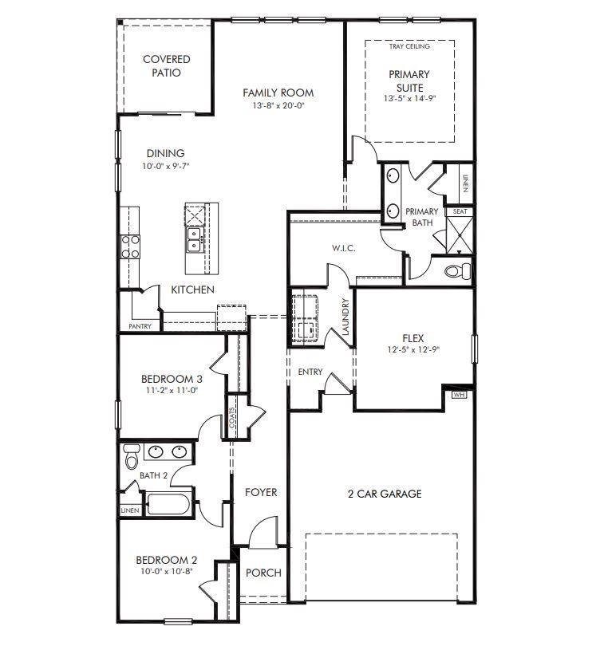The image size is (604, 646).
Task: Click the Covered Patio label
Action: point(167,66)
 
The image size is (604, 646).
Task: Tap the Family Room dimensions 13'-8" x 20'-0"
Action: point(278,105)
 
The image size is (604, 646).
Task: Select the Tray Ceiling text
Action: point(409,46)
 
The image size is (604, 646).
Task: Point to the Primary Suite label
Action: point(409,81)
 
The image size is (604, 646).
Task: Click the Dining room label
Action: point(166,153)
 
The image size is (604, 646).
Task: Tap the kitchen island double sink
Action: point(194,240)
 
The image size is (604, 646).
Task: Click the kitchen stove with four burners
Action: point(130,246)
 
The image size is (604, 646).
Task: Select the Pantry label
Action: point(140,326)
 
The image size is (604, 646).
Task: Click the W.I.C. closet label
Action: point(343,248)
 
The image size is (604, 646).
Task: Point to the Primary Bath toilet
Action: point(457,270)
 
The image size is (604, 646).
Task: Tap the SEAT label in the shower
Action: point(460,211)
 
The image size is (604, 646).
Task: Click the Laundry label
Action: point(345,317)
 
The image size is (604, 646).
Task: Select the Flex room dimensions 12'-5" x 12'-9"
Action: point(413,349)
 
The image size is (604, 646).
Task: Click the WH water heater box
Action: point(460,395)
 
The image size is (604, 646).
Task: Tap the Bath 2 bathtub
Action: point(168,503)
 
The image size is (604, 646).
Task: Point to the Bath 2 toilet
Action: point(131,456)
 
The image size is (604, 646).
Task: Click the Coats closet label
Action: point(231,417)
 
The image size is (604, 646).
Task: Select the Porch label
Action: point(263,573)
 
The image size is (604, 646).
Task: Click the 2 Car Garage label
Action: point(385,494)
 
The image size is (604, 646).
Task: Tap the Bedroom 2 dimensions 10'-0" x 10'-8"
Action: point(167,571)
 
